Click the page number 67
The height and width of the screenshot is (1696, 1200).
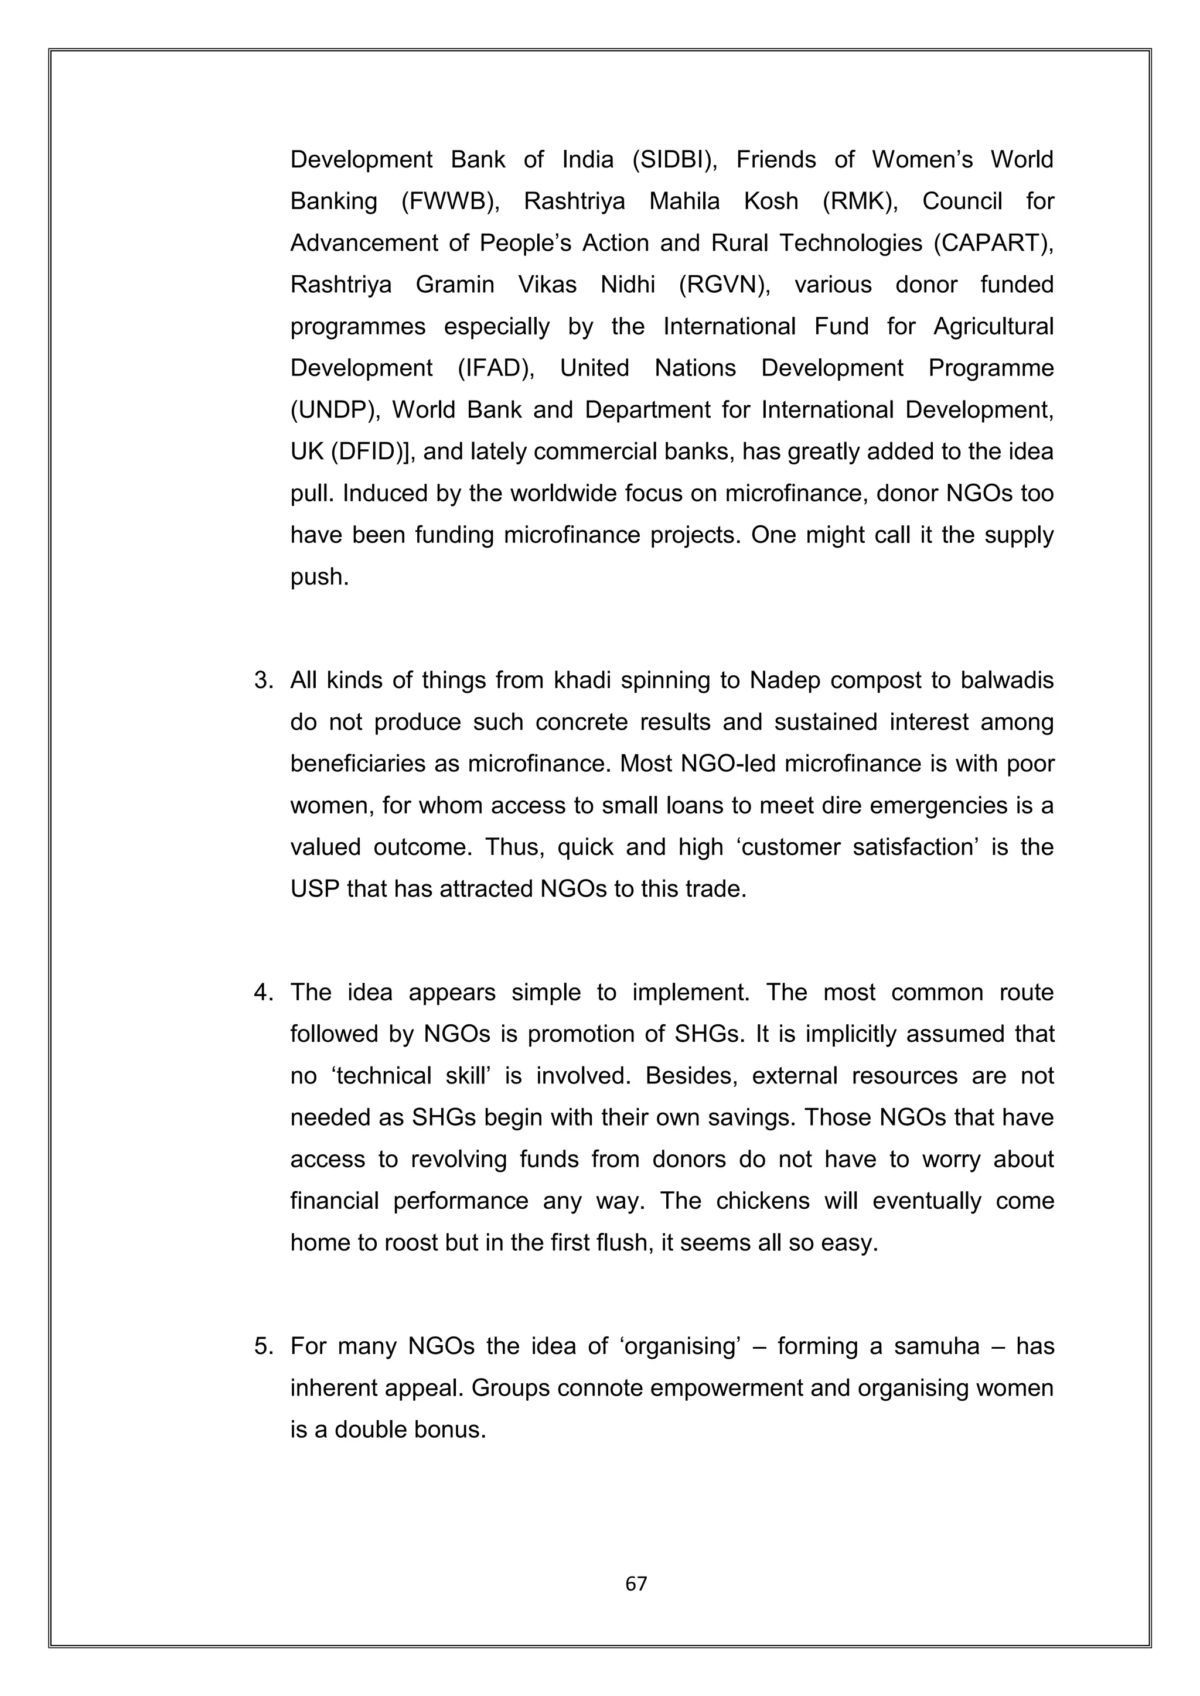pos(636,1583)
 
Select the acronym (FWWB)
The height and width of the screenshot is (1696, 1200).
pos(450,201)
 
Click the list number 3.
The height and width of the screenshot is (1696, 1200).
pos(263,681)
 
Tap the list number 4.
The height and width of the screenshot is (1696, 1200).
pos(263,992)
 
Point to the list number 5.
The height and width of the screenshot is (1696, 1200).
pos(263,1346)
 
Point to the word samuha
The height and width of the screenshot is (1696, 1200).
pos(936,1346)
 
